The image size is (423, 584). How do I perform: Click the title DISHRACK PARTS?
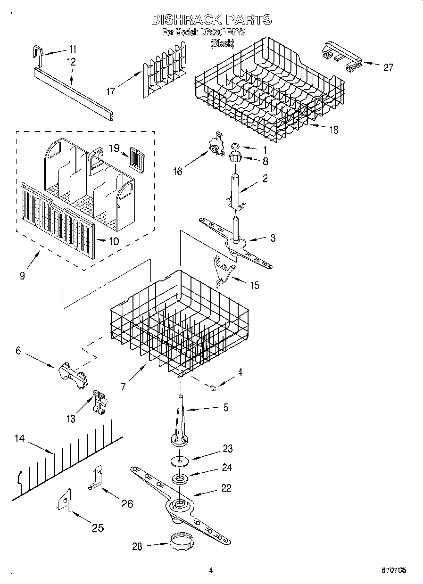click(211, 19)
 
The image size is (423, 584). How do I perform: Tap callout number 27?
click(388, 67)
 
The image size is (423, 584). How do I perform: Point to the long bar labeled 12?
click(73, 90)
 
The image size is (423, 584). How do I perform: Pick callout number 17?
click(111, 91)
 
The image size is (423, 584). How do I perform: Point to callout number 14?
click(19, 438)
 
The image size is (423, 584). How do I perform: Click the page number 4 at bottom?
click(211, 570)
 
